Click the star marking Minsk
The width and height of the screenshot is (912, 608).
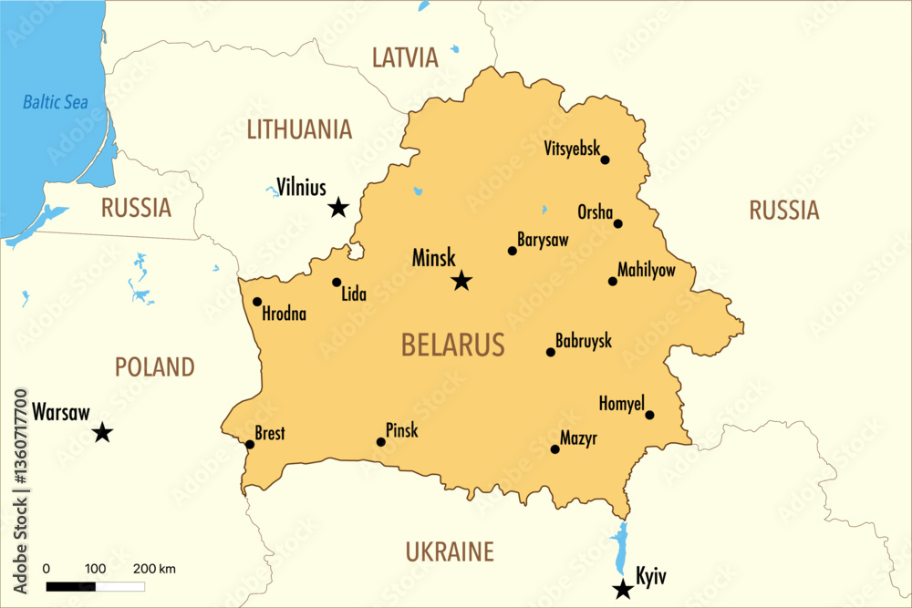461,281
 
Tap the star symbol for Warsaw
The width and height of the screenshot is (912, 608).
102,433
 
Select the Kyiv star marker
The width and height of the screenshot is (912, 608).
623,590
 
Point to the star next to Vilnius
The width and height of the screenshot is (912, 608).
338,208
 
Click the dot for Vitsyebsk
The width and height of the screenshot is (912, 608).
605,160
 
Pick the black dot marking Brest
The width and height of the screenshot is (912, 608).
250,445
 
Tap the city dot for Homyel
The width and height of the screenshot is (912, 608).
649,415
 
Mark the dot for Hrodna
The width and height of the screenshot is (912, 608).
257,302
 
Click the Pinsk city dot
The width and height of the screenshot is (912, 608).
381,442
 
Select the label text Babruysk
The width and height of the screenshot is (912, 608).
584,341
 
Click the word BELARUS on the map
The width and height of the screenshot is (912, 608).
452,345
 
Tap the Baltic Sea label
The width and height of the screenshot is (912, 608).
56,102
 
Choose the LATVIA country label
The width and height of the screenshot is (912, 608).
405,58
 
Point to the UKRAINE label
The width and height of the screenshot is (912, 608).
450,551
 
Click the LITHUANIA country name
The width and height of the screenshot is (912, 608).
299,129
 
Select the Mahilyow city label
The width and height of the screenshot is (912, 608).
647,270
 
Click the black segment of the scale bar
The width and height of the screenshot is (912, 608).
70,586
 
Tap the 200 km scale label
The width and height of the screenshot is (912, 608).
154,569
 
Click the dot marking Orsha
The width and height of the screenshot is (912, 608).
617,223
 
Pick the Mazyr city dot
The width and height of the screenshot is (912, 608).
554,448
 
